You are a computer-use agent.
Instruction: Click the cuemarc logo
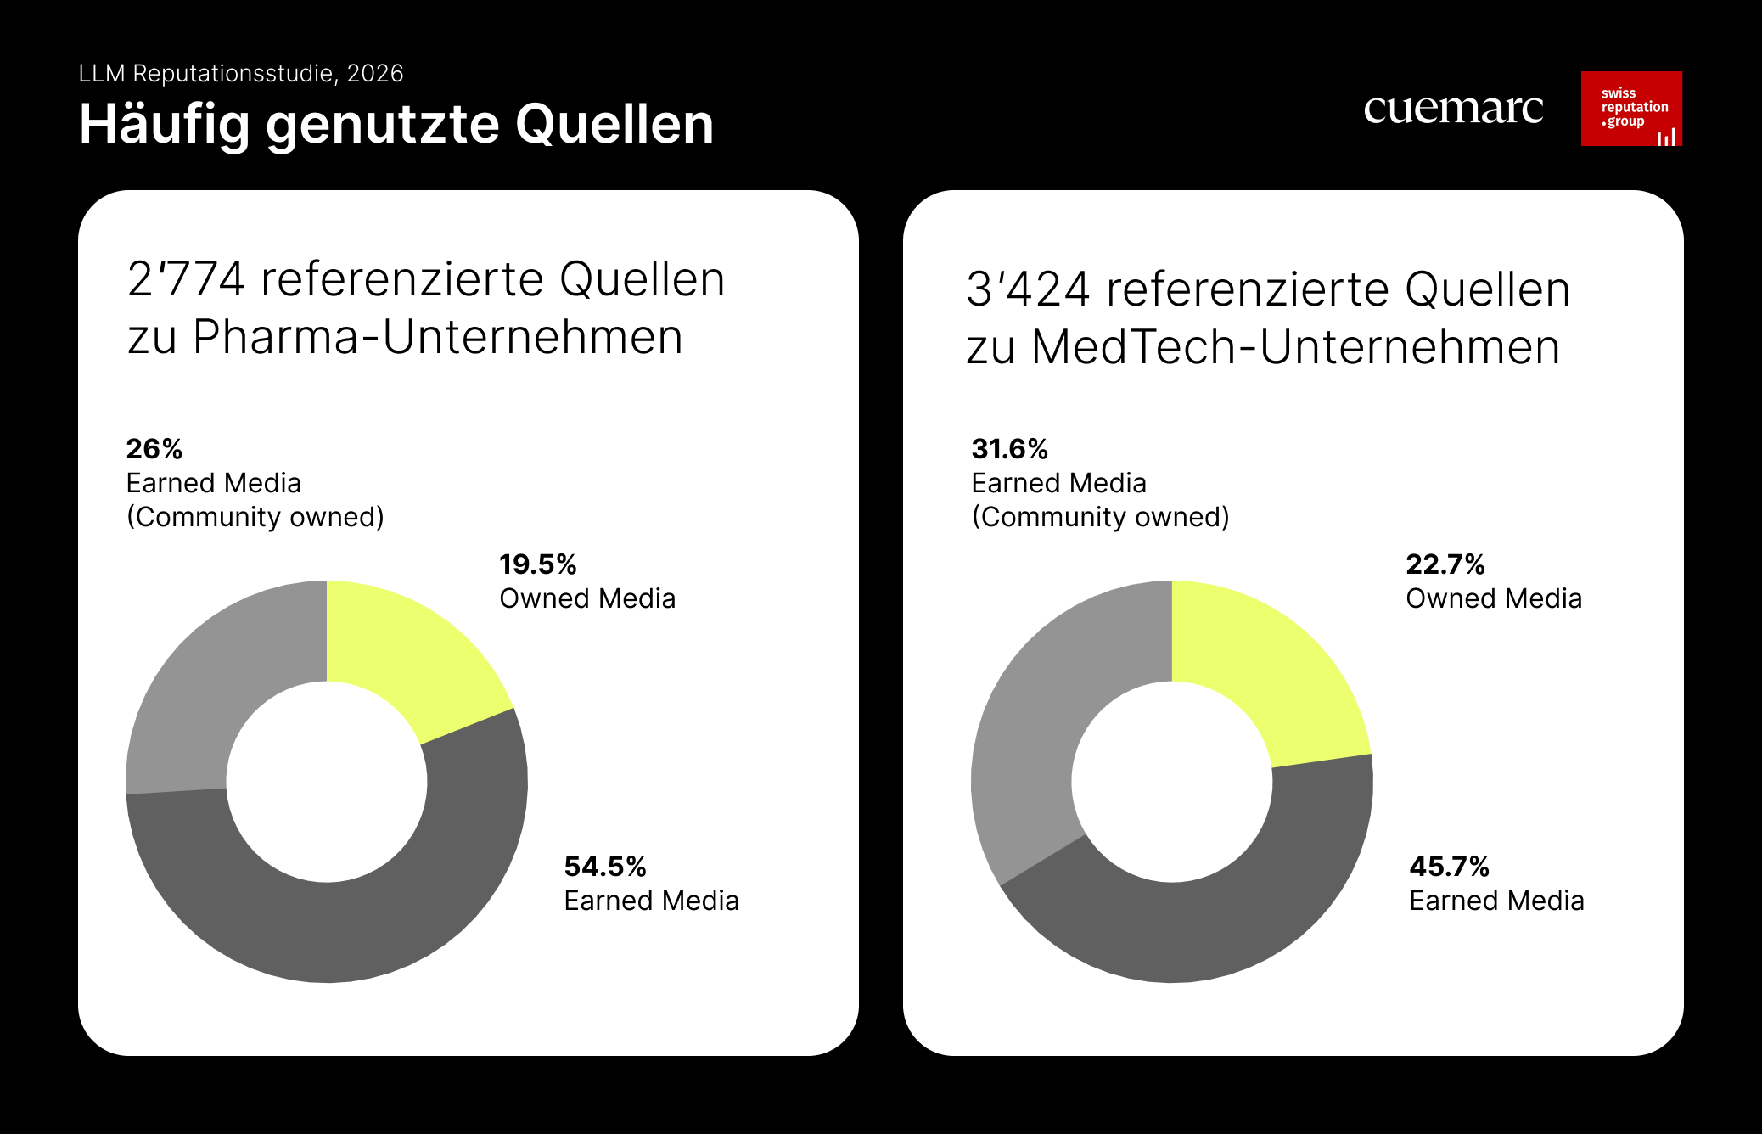point(1452,109)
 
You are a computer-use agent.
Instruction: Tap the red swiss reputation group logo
point(1630,109)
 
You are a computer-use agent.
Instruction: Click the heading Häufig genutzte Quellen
point(396,124)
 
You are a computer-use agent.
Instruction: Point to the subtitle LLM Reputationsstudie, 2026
point(241,74)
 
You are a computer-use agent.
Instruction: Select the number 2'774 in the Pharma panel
point(186,279)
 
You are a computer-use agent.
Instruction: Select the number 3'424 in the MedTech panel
point(1028,289)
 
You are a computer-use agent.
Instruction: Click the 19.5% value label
point(538,564)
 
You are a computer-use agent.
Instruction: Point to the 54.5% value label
point(605,867)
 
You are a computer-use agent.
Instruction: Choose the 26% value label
point(154,449)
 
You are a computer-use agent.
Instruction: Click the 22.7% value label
point(1445,564)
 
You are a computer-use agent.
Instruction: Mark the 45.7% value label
point(1449,867)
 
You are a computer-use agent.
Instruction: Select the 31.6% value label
point(1009,449)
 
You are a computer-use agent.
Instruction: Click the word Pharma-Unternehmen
point(437,337)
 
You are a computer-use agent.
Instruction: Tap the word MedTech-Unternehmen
point(1295,347)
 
